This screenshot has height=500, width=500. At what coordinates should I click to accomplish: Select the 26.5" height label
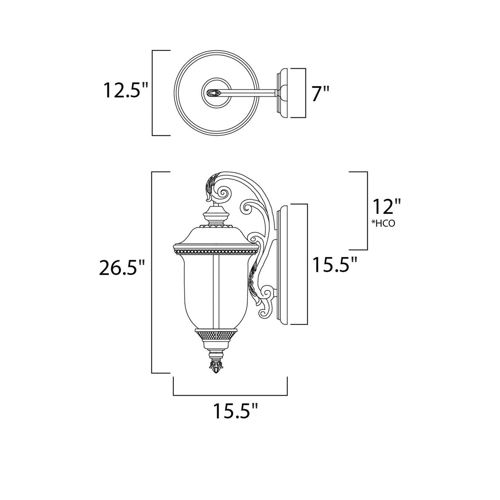(121, 268)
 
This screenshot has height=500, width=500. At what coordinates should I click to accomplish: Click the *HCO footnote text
(383, 224)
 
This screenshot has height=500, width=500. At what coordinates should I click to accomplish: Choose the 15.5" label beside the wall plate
(334, 265)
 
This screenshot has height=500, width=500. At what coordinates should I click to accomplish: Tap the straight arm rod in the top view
(249, 92)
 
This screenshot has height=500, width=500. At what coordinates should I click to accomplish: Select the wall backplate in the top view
(282, 92)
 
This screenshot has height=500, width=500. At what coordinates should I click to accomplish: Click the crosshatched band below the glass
(216, 335)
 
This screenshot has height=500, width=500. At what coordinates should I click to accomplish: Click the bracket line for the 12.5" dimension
(153, 93)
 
